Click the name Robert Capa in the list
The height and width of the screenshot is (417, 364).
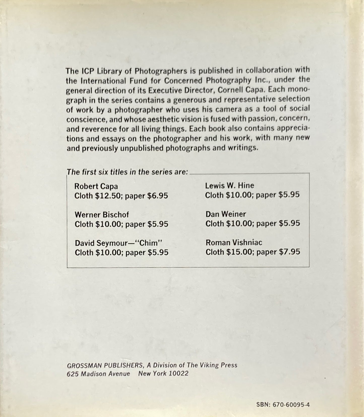coord(96,186)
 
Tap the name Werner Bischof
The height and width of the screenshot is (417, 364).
coord(102,215)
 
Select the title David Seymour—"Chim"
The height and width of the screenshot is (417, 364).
coord(118,243)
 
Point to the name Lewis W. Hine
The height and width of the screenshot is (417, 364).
coord(229,185)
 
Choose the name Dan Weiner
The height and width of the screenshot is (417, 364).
coord(225,214)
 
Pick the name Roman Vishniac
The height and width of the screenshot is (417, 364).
coord(234,242)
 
